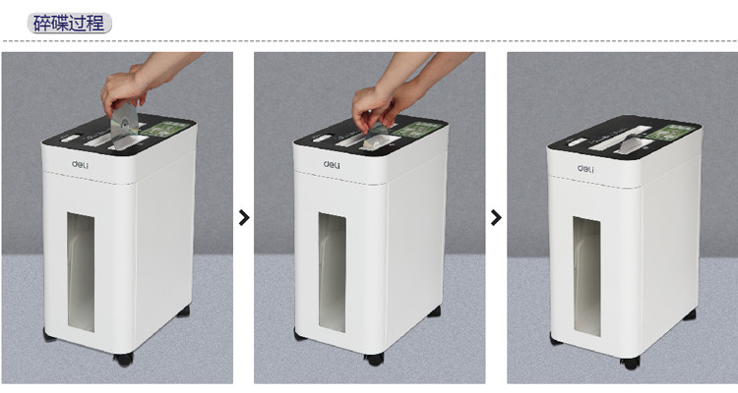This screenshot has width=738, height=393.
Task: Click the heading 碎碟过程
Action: (70, 23)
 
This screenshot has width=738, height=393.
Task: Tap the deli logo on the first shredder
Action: (80, 164)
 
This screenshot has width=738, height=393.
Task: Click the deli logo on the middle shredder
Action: (332, 164)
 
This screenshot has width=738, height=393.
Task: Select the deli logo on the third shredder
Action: (585, 168)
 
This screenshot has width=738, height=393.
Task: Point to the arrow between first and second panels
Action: (244, 218)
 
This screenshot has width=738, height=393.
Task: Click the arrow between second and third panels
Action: (496, 218)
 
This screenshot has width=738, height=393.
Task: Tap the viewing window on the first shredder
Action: (81, 272)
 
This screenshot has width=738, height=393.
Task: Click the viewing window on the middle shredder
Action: (332, 273)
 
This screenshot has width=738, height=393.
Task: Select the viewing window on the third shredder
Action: (586, 276)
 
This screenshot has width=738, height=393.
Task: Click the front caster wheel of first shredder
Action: (124, 360)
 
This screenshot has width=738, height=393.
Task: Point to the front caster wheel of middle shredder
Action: (375, 360)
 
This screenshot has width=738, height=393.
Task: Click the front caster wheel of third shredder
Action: (630, 363)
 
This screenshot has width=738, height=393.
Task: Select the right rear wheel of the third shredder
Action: (690, 314)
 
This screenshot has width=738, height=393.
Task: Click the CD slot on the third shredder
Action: (632, 143)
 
